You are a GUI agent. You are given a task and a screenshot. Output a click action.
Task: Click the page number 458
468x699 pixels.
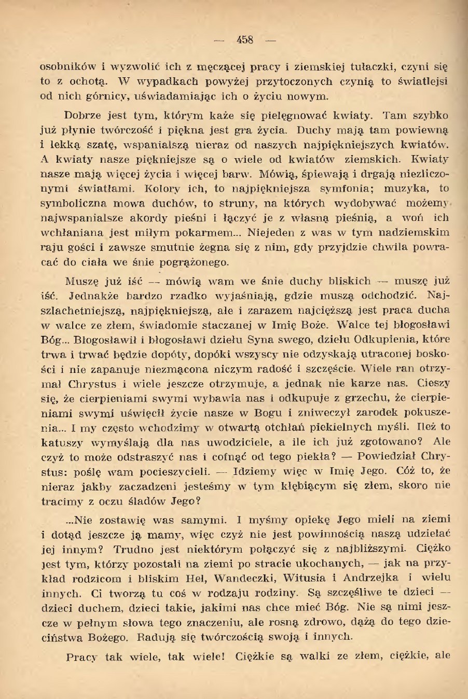coord(244,39)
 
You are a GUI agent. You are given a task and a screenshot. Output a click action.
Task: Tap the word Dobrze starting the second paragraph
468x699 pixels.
coord(82,115)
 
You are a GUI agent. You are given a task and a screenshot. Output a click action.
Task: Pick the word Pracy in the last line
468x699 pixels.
coord(81,657)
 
